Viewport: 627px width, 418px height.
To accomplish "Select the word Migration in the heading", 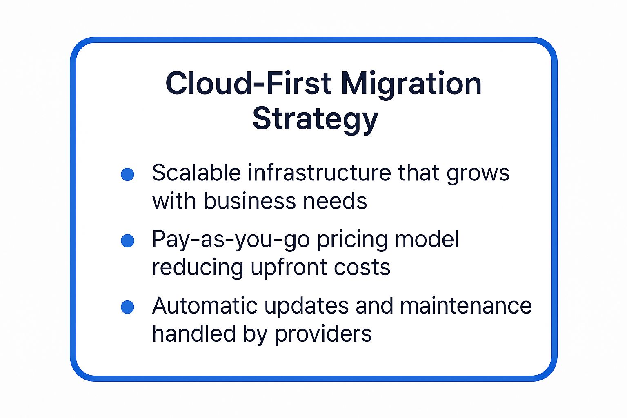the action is click(x=411, y=85).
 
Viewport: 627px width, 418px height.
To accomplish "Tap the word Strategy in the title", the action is click(x=316, y=120).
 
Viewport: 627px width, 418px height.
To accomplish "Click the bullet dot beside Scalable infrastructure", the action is click(x=127, y=174).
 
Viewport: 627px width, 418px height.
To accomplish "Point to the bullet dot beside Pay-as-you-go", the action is click(x=127, y=241).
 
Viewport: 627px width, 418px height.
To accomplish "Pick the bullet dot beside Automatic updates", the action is click(x=127, y=307).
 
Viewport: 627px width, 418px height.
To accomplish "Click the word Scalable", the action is click(x=196, y=172).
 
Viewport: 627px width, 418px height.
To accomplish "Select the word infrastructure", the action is click(x=319, y=172).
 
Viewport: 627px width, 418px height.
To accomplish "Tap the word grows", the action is click(x=478, y=174).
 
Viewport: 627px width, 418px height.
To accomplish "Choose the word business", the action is click(x=250, y=200).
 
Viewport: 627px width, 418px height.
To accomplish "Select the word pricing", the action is click(x=352, y=240).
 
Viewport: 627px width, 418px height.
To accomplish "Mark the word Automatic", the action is click(x=205, y=305).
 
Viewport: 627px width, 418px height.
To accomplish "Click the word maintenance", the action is click(x=466, y=305).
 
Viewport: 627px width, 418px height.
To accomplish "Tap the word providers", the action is click(x=323, y=335).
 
